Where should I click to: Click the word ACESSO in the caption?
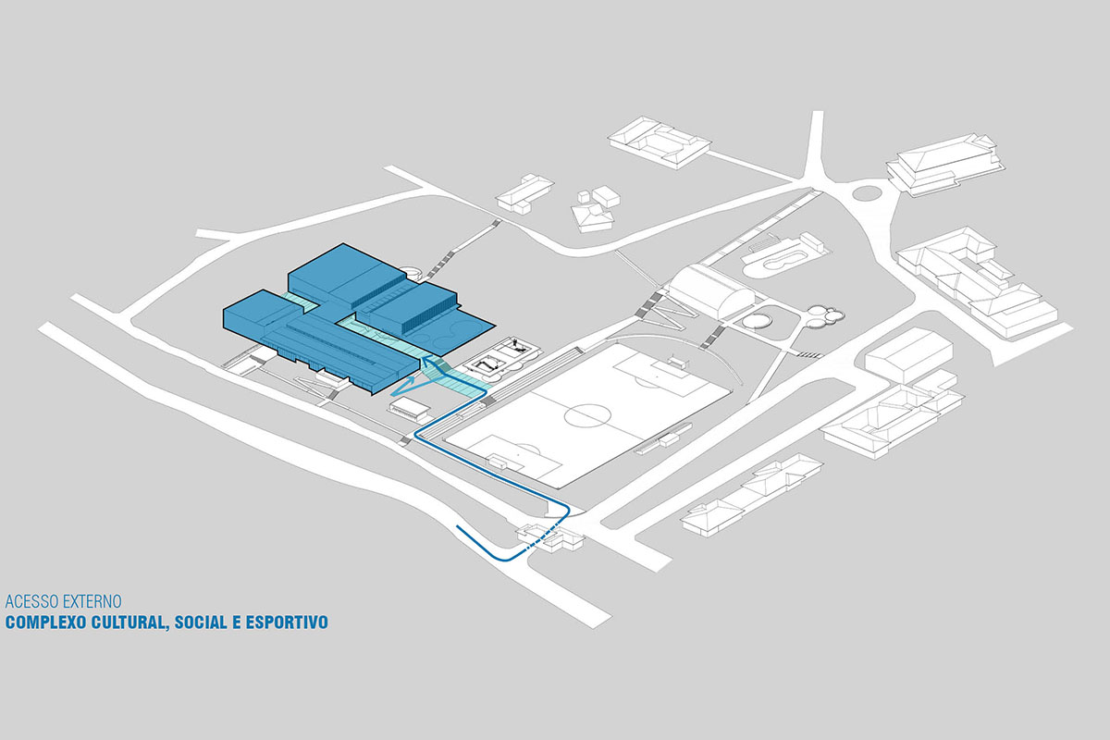click(x=32, y=601)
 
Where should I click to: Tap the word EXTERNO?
click(x=92, y=601)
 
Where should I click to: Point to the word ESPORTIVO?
click(x=287, y=622)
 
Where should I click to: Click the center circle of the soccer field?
click(x=587, y=415)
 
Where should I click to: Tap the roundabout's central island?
click(x=866, y=191)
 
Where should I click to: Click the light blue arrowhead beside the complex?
click(x=404, y=387)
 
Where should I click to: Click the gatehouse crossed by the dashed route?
click(x=550, y=537)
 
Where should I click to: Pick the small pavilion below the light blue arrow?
click(x=409, y=407)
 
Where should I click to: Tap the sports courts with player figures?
click(x=501, y=357)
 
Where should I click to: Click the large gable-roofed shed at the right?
click(x=908, y=353)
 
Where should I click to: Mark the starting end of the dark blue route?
click(x=457, y=526)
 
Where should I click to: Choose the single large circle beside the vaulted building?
click(x=757, y=321)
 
